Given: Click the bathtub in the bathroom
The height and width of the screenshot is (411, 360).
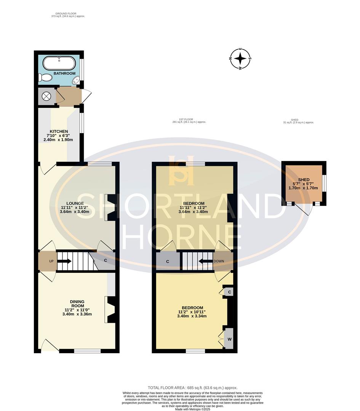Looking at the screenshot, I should pos(59,62).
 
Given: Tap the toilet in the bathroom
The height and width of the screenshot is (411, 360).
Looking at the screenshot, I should pos(46,78).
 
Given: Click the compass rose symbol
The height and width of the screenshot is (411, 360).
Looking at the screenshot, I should pos(240,59).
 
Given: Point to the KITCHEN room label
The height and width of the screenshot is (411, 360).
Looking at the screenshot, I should pos(58,131).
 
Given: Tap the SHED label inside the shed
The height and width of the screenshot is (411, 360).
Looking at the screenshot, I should pos(304,180).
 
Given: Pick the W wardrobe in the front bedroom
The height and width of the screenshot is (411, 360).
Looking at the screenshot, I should pos(229,338).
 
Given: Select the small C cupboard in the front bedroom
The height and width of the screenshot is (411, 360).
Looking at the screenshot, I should pos(229,292).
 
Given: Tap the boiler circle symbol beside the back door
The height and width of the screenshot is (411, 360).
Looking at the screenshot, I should pos(46,96).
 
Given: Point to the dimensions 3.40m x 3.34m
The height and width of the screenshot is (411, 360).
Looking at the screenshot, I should pos(192,316).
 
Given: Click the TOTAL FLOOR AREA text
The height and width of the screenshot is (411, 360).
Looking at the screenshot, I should pos(192,386).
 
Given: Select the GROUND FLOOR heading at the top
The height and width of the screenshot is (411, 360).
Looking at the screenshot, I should pos(68,14).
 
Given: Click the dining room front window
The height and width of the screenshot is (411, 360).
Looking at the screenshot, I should pos(87,351).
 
